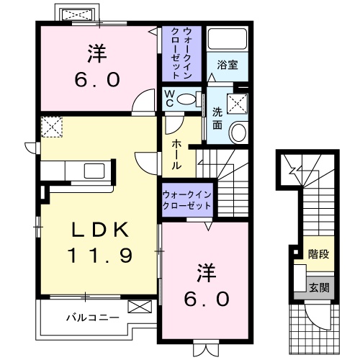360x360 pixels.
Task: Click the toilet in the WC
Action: [189, 99]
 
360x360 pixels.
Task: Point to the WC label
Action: [168, 96]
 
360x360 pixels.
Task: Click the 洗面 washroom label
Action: [217, 117]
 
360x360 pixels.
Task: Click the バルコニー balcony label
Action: [89, 316]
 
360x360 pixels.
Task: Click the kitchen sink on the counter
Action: [94, 171]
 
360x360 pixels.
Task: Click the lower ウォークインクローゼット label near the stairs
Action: [186, 199]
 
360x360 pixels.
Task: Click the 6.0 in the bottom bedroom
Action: [205, 296]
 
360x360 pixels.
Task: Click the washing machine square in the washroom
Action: [237, 104]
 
